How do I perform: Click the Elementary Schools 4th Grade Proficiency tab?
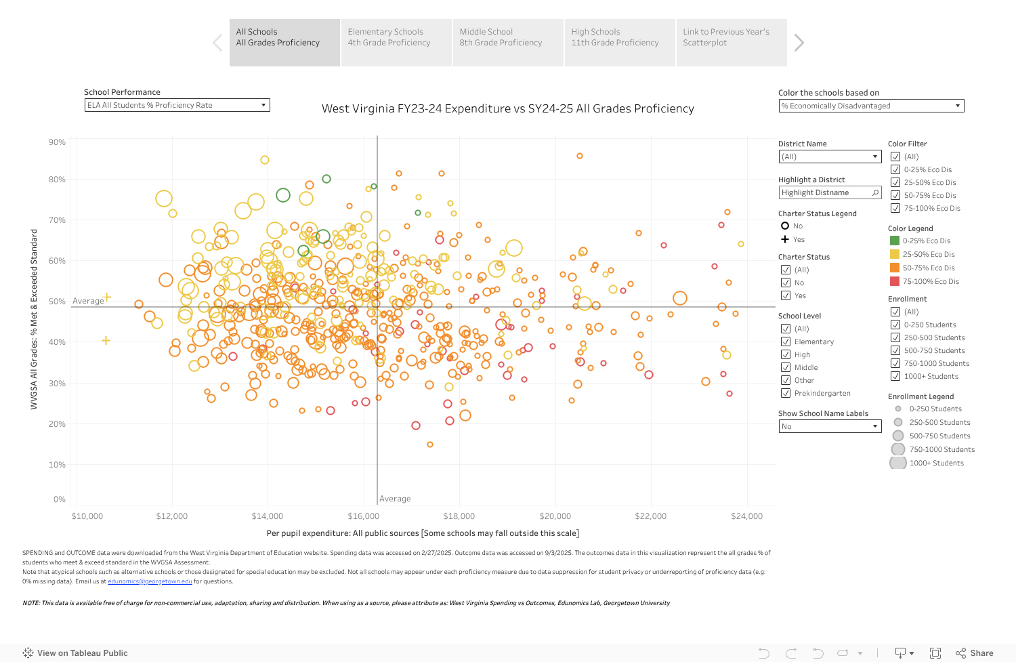396,42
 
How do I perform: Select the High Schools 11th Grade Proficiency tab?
619,42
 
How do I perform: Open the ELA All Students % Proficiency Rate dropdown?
177,105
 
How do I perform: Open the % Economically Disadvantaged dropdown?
871,106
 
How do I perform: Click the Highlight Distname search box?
829,192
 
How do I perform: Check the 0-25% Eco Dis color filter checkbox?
895,169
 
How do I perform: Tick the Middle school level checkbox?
786,367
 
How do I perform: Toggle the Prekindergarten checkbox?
786,393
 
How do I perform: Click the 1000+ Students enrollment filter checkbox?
895,376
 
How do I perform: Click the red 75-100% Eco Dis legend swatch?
895,281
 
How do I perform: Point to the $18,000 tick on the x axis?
459,516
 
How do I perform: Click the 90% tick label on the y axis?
57,142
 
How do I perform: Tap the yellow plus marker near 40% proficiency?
106,340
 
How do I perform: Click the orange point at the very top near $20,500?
580,156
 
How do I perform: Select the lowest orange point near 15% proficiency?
430,444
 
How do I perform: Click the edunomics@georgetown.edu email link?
150,581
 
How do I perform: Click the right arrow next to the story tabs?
799,43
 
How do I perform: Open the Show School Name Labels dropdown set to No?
829,426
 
